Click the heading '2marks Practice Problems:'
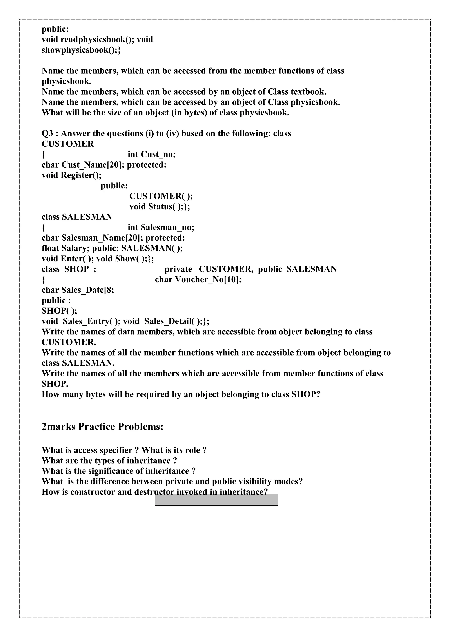coord(102,426)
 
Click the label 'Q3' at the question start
coord(47,133)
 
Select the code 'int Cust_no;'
coord(151,154)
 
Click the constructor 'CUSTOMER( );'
coord(161,196)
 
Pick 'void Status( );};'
coord(160,206)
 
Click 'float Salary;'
coord(65,248)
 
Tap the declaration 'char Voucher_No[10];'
coord(198,279)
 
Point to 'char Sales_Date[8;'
coord(78,290)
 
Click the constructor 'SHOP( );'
coord(59,311)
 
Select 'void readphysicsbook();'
coord(88,39)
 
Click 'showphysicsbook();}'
coord(81,50)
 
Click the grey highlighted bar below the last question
coord(216,500)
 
